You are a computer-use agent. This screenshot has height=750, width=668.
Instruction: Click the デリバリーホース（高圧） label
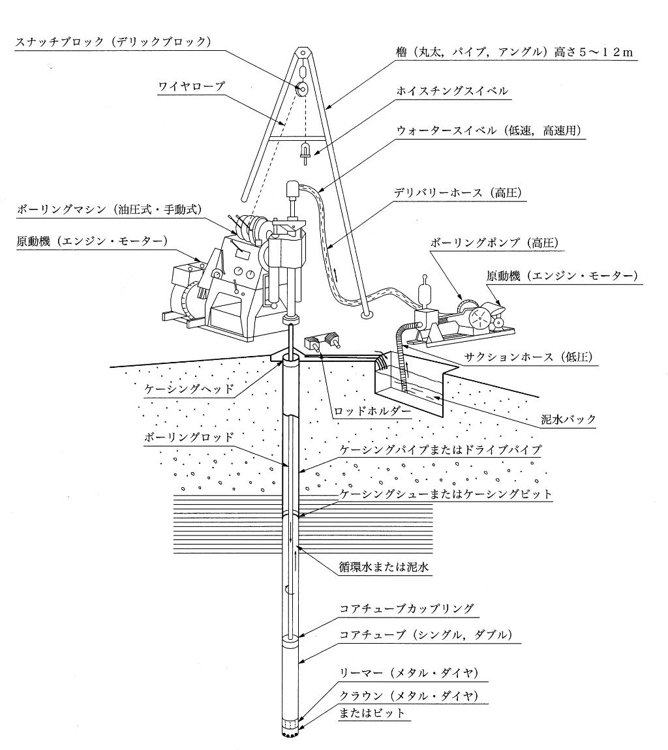(x=459, y=193)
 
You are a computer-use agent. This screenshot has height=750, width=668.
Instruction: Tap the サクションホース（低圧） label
(x=523, y=357)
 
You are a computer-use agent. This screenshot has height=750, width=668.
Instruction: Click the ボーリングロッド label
(x=189, y=438)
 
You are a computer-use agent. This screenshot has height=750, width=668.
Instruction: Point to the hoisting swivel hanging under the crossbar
(x=302, y=151)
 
